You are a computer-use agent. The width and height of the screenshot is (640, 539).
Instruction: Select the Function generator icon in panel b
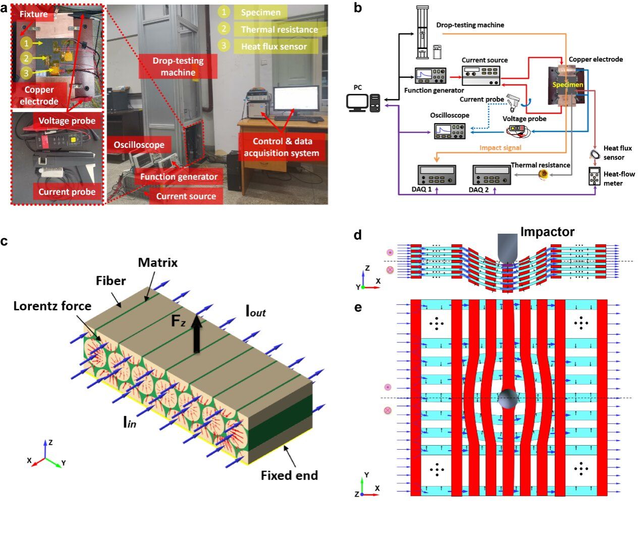pos(431,76)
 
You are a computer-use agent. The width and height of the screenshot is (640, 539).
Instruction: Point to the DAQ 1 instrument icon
pos(437,175)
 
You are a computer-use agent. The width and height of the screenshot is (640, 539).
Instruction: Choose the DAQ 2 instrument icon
pos(491,175)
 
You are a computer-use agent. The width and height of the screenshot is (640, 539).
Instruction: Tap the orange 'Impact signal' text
pos(500,148)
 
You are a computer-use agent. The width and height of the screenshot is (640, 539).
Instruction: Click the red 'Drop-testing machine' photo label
pos(178,67)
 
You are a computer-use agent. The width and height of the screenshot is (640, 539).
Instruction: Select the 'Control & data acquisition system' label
pos(282,147)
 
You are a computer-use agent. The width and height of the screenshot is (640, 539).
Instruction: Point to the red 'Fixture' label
pos(33,14)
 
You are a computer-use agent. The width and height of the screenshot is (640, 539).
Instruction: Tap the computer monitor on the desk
pos(296,100)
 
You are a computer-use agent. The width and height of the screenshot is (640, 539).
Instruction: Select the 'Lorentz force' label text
pos(52,306)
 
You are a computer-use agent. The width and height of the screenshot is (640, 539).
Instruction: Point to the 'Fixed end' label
pos(289,475)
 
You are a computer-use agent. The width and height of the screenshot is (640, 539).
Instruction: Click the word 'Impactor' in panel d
pos(547,232)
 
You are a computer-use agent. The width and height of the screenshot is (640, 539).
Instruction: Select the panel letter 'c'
pos(4,241)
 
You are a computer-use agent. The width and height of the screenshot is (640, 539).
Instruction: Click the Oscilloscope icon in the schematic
pos(450,131)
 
